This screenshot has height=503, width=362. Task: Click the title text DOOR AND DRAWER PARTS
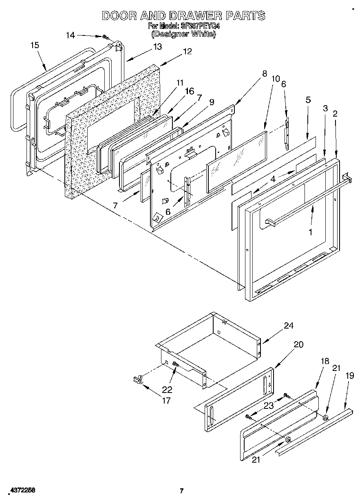pyautogui.click(x=183, y=15)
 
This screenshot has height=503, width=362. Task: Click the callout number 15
pyautogui.click(x=35, y=45)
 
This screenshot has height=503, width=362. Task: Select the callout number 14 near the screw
pyautogui.click(x=70, y=35)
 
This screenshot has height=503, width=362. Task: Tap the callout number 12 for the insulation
pyautogui.click(x=187, y=51)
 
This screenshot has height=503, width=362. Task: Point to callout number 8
pyautogui.click(x=264, y=74)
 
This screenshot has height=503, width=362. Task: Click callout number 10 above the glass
pyautogui.click(x=276, y=79)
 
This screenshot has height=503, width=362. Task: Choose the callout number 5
pyautogui.click(x=308, y=99)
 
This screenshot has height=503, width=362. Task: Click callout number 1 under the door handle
pyautogui.click(x=311, y=232)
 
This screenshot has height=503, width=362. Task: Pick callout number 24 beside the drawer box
pyautogui.click(x=289, y=326)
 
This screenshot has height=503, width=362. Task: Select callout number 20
pyautogui.click(x=298, y=344)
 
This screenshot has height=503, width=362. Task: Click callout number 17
pyautogui.click(x=166, y=400)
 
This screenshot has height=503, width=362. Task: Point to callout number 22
pyautogui.click(x=167, y=389)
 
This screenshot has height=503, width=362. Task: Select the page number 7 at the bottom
pyautogui.click(x=182, y=491)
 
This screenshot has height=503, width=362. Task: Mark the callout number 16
pyautogui.click(x=189, y=91)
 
